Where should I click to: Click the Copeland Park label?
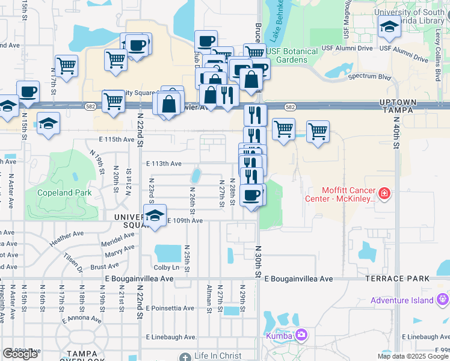[x=64, y=193]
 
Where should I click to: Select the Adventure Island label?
[x=402, y=300]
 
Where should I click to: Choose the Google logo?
[x=20, y=354]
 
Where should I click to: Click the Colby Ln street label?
[x=167, y=267]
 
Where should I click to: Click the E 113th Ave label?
[x=164, y=164]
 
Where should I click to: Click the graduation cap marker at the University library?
[x=389, y=27]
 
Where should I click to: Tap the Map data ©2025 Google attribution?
[x=413, y=356]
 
